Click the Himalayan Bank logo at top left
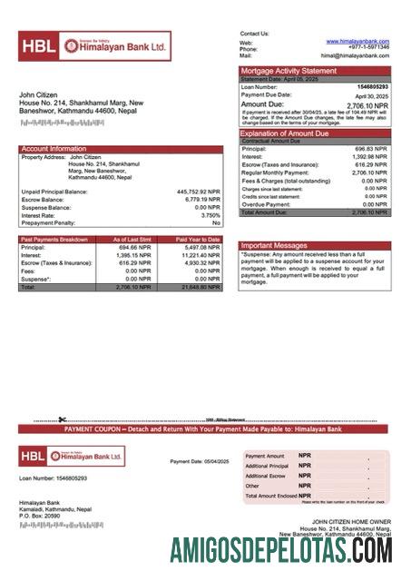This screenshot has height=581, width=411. point(93,45)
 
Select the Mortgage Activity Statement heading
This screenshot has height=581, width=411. point(288,71)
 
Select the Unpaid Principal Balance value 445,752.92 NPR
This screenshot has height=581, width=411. point(198,192)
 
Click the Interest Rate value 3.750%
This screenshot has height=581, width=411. point(210,215)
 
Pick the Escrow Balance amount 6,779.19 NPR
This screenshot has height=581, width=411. point(201,200)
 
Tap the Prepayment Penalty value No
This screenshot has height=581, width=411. point(216,222)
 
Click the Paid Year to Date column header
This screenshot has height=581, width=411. point(198,240)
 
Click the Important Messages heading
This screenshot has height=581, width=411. point(275,246)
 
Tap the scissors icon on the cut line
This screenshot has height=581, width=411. point(62,419)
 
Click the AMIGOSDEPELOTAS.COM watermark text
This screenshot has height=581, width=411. point(281,548)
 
